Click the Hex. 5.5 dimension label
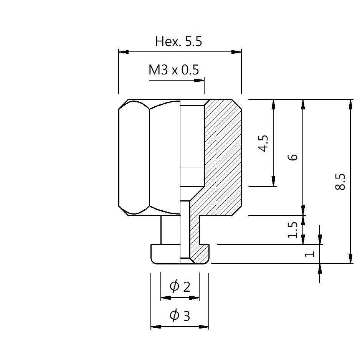coord(178,41)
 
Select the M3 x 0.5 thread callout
coord(174,70)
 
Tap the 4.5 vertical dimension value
coord(264,143)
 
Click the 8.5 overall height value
coord(340,182)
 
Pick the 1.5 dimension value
coord(293,230)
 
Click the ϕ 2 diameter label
coord(180,286)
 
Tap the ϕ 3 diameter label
coord(180,315)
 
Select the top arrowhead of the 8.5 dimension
coord(350,104)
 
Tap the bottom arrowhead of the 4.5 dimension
coord(273,182)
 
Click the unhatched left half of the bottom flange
coord(165,254)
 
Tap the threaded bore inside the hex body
coord(192,146)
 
